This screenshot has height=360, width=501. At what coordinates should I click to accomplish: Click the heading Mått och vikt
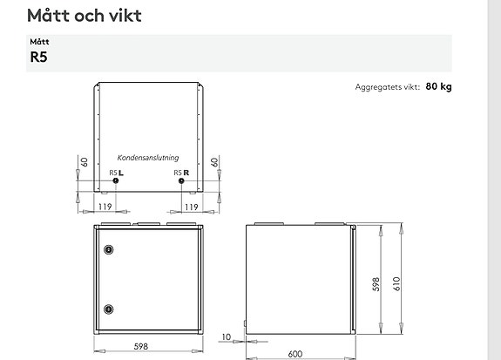tap(85, 16)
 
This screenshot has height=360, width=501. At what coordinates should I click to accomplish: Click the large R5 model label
tap(38, 57)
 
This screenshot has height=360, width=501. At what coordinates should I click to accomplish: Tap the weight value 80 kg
tap(438, 86)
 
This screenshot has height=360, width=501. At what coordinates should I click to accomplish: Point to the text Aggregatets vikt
tap(387, 87)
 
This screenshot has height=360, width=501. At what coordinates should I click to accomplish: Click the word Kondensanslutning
tap(148, 158)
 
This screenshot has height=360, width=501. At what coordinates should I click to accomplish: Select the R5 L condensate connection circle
tap(116, 180)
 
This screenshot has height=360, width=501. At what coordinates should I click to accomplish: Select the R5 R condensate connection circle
tap(181, 180)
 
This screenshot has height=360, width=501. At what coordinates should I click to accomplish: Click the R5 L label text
tap(116, 173)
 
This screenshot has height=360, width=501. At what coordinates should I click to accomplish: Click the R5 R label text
tap(181, 173)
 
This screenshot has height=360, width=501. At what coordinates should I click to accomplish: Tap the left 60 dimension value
tap(84, 162)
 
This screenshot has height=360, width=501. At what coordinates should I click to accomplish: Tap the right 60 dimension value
tap(214, 162)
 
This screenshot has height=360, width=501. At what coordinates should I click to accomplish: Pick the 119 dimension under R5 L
tap(105, 207)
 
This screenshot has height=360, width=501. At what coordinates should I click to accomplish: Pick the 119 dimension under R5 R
tap(192, 207)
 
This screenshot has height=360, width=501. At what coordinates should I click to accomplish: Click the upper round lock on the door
tap(109, 249)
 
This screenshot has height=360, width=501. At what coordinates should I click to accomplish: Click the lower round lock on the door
tap(109, 309)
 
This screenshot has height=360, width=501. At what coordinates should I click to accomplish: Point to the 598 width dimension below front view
tap(141, 346)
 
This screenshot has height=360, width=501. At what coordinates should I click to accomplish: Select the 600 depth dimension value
tap(295, 354)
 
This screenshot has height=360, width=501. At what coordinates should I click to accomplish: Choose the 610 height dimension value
tap(396, 283)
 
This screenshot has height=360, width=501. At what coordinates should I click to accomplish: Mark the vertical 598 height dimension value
tap(376, 284)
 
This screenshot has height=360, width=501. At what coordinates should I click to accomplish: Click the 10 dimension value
tap(226, 337)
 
